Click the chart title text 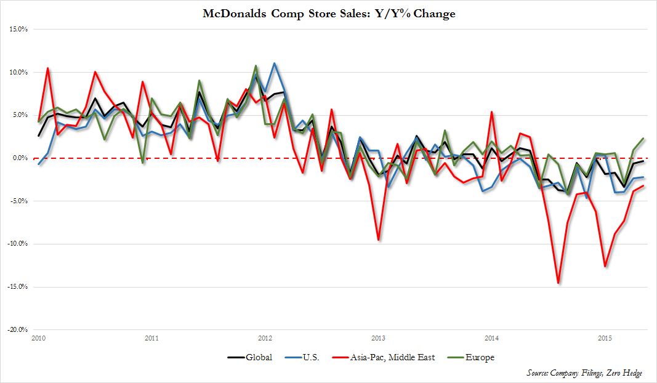pyautogui.click(x=329, y=13)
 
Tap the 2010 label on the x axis pyautogui.click(x=38, y=338)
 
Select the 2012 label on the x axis pyautogui.click(x=265, y=338)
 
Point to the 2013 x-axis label pyautogui.click(x=378, y=338)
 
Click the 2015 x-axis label pyautogui.click(x=605, y=338)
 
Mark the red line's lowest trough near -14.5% pyautogui.click(x=558, y=283)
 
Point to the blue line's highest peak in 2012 pyautogui.click(x=274, y=63)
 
